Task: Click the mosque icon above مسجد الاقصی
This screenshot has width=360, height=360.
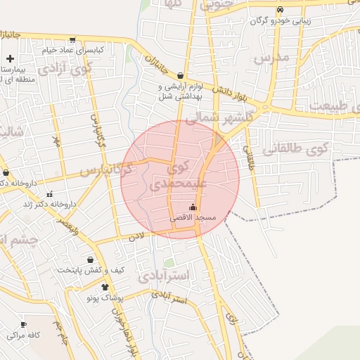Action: pos(193,207)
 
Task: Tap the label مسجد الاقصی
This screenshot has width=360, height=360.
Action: pos(198,219)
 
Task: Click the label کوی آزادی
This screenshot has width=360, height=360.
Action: pos(65,69)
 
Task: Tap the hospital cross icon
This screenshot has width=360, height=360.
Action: pos(10,59)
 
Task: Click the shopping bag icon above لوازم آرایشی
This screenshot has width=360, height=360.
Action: pos(181,75)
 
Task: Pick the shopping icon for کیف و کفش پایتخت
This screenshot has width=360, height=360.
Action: pos(90,259)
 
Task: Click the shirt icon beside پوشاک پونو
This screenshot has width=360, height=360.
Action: pos(105,287)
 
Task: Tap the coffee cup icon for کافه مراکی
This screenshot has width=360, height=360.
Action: pos(24,324)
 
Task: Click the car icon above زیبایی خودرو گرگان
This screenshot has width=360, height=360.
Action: pos(280,10)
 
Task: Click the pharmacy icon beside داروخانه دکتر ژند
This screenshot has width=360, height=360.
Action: pos(49,194)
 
